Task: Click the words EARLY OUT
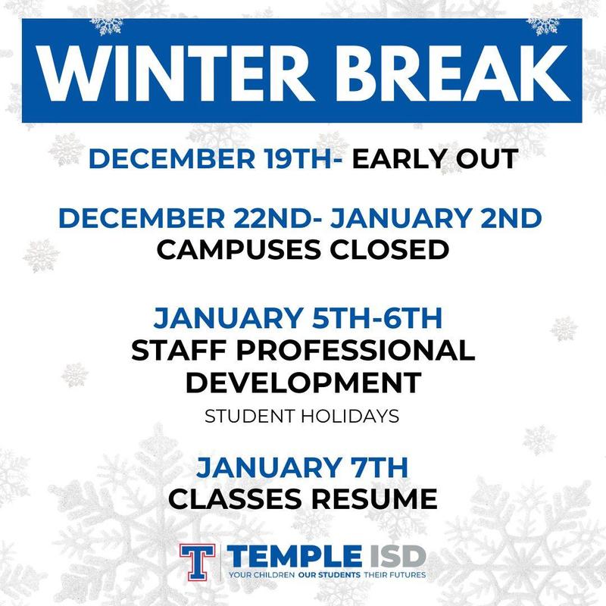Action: [436, 160]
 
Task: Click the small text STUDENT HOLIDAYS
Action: [302, 417]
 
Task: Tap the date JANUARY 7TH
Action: [302, 467]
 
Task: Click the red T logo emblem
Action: [197, 561]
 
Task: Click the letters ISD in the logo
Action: [393, 557]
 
